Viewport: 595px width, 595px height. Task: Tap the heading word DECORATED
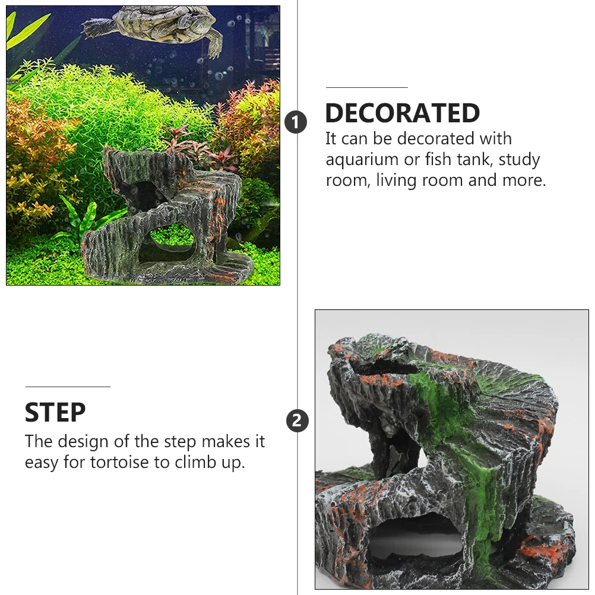point(402,113)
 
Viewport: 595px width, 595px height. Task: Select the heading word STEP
point(55,412)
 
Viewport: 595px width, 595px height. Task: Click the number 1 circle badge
point(296,122)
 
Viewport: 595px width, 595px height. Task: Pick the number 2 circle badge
point(297,421)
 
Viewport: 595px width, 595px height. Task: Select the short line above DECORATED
point(366,88)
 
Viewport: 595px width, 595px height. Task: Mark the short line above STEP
point(67,387)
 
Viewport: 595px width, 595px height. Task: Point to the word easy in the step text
point(42,463)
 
